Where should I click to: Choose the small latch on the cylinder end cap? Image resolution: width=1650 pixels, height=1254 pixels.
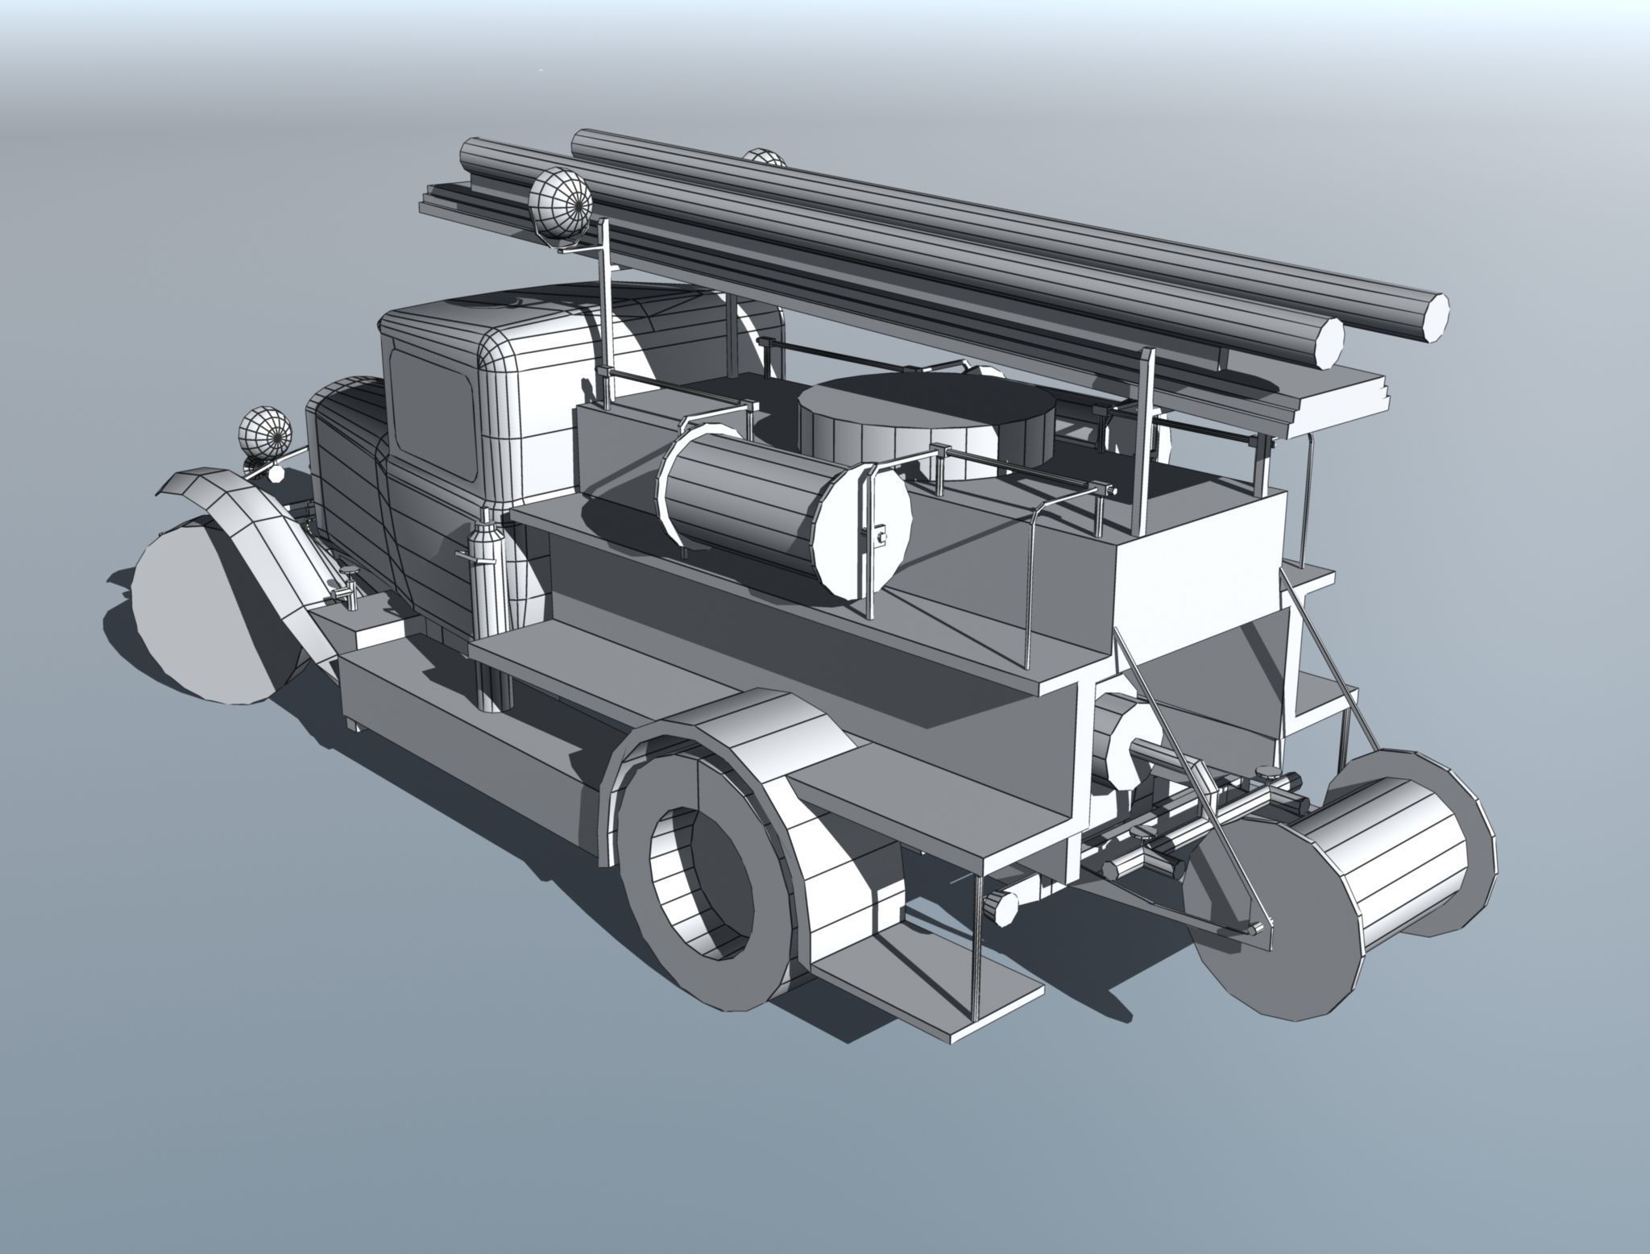coord(881,534)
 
